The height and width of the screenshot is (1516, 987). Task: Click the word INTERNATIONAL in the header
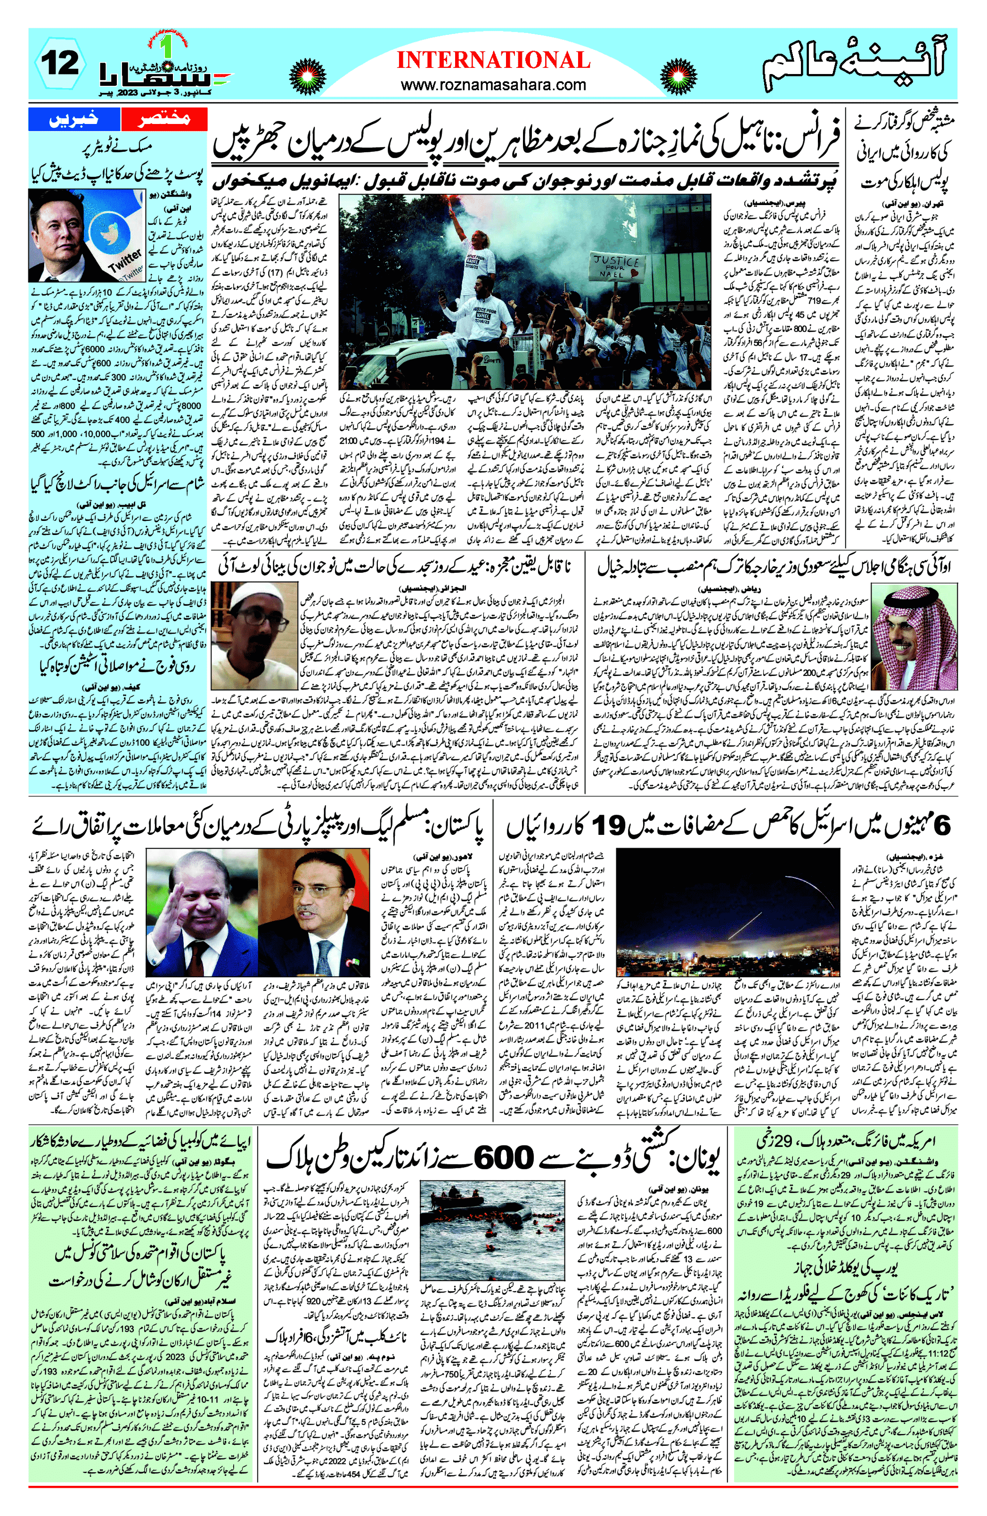494,60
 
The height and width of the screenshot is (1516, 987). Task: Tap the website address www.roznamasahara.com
494,85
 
